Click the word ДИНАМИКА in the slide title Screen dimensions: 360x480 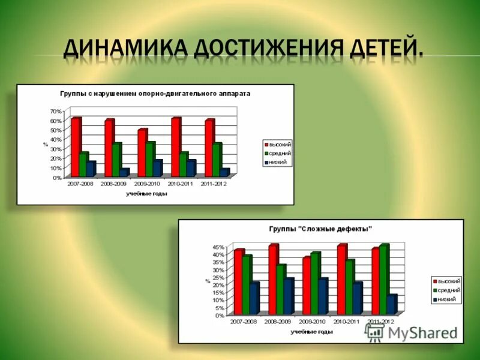coord(123,47)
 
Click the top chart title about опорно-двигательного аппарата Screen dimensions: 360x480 coord(155,94)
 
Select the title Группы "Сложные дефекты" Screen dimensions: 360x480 coord(320,229)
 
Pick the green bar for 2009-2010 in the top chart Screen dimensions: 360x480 coord(150,160)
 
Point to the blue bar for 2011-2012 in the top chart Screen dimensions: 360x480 coord(224,173)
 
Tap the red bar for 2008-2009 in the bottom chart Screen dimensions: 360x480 coord(273,280)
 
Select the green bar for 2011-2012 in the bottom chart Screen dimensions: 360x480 coord(383,280)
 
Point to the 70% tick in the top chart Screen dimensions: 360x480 coord(55,112)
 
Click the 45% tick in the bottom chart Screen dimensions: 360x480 coord(218,247)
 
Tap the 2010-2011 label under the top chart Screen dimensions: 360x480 coord(180,184)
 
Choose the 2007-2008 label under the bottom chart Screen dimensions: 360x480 coord(242,322)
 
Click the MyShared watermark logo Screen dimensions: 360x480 coord(411,332)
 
